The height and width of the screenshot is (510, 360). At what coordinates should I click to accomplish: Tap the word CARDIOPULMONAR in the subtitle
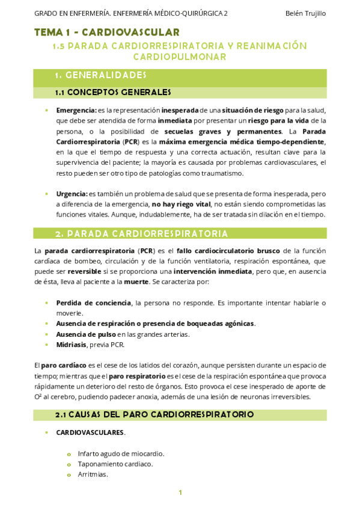180,57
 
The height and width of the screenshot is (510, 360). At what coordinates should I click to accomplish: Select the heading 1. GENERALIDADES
100,75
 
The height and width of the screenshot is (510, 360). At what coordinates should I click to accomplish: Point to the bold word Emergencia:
76,110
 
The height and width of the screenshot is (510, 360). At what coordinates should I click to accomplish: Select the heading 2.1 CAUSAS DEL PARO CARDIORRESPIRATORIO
154,415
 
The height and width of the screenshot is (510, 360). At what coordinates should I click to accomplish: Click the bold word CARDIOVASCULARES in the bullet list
90,432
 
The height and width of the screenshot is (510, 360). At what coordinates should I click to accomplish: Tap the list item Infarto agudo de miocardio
121,453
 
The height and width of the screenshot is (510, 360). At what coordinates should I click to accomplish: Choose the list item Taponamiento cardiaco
115,464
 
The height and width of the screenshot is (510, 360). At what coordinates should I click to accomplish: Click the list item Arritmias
93,475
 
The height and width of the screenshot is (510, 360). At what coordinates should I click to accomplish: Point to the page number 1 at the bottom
180,493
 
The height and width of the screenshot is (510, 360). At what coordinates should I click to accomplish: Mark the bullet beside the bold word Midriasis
47,345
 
